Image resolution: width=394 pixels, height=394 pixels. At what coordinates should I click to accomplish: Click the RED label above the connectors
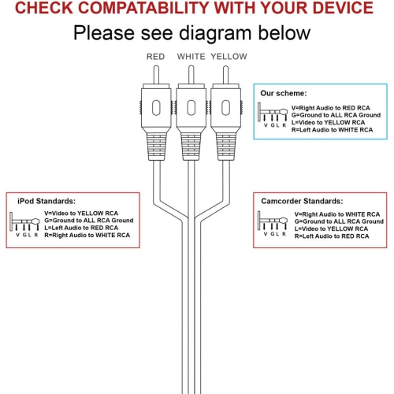coord(155,57)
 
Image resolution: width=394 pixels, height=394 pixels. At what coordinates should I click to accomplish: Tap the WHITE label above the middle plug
coord(191,57)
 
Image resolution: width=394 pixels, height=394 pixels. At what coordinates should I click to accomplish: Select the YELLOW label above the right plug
coord(229,57)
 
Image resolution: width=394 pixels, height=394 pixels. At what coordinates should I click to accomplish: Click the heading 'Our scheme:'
coord(284,93)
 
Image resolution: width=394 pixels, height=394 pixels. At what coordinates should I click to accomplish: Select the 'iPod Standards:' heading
coord(46,201)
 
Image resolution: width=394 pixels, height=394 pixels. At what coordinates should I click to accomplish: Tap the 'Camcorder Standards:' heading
coord(302,201)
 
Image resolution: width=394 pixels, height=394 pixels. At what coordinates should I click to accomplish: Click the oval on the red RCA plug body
coord(156,107)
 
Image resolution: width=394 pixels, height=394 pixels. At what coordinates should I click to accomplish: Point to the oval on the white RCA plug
coord(191,107)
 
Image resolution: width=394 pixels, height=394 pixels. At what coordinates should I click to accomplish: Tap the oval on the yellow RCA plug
coord(225,107)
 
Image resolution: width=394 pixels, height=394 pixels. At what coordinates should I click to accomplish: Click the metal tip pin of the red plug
coord(156,75)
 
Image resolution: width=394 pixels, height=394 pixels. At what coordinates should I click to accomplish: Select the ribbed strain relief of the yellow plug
coord(226,147)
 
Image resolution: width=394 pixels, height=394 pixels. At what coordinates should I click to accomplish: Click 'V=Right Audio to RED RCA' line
coord(330,108)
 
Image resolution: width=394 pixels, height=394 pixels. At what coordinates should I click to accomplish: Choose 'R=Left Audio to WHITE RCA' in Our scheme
coord(332,130)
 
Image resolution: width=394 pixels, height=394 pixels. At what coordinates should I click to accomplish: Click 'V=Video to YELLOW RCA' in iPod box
coord(81,214)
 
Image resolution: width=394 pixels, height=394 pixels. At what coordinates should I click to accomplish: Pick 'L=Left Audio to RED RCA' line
coord(81,228)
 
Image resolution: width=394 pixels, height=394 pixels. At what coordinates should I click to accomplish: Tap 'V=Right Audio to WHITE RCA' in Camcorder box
coord(337,214)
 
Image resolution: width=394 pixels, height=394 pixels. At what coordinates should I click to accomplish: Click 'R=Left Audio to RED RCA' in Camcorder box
coord(332,236)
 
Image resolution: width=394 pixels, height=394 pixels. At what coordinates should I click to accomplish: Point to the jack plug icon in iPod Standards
coord(24,221)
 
